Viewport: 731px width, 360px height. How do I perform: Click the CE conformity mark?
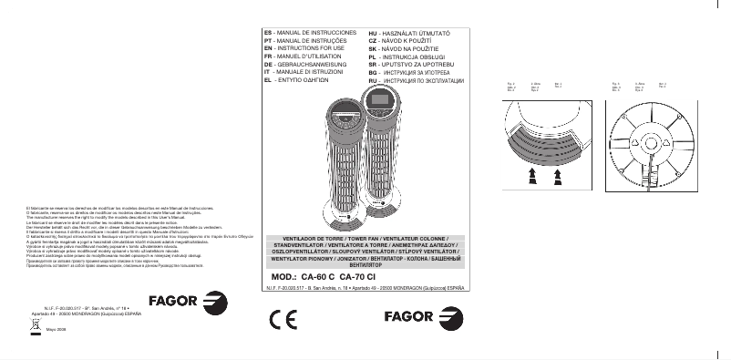coord(283,320)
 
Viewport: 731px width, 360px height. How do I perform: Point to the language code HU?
coord(362,32)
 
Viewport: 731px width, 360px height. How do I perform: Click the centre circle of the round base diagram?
coord(649,143)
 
